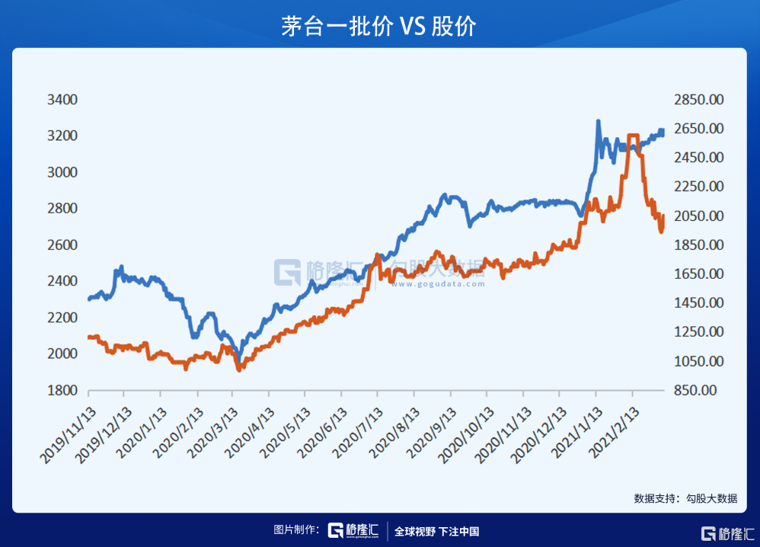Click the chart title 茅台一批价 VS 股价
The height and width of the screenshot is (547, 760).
click(x=379, y=25)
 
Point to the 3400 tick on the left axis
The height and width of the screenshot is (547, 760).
click(x=62, y=100)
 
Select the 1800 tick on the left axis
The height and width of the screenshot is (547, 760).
click(x=62, y=390)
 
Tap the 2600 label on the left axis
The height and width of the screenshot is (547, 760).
click(x=62, y=245)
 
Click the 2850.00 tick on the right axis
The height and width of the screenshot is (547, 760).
click(x=698, y=100)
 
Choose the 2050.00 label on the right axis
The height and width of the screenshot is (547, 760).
click(x=698, y=216)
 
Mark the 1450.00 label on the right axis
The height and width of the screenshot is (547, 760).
click(x=698, y=303)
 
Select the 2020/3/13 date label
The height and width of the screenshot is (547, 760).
click(x=215, y=431)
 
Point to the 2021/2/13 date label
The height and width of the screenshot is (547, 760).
click(x=615, y=431)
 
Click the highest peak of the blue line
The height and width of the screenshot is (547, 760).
click(x=598, y=121)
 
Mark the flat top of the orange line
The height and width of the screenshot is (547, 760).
click(x=633, y=136)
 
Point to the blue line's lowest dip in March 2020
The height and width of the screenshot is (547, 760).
click(x=239, y=360)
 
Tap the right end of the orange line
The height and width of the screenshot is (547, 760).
click(x=663, y=216)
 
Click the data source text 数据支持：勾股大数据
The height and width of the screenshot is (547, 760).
click(x=685, y=499)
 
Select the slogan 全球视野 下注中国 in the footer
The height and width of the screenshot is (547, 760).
click(x=436, y=532)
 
